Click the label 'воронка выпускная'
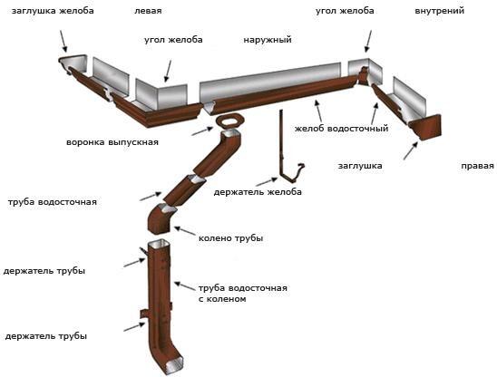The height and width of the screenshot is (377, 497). pyautogui.click(x=112, y=142)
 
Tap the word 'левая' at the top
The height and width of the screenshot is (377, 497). pyautogui.click(x=148, y=11)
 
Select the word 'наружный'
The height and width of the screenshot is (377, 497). pyautogui.click(x=268, y=40)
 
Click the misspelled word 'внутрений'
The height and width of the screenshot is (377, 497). pyautogui.click(x=439, y=11)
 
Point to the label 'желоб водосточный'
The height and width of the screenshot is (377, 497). pyautogui.click(x=341, y=129)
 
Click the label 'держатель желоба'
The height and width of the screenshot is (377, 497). pyautogui.click(x=258, y=192)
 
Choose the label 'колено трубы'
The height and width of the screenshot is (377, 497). pyautogui.click(x=230, y=238)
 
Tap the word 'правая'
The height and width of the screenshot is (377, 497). pyautogui.click(x=477, y=166)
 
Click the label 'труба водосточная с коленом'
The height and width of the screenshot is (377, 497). pyautogui.click(x=243, y=294)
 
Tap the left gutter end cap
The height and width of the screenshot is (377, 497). pyautogui.click(x=73, y=63)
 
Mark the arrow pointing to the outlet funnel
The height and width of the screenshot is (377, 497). pyautogui.click(x=202, y=130)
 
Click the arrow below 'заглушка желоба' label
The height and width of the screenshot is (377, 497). pyautogui.click(x=63, y=41)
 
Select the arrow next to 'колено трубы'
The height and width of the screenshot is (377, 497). pyautogui.click(x=185, y=231)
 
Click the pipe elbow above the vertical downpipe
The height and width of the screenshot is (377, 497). pyautogui.click(x=161, y=219)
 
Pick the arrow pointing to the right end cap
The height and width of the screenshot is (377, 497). pyautogui.click(x=411, y=150)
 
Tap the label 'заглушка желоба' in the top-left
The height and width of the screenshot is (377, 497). pyautogui.click(x=53, y=11)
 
